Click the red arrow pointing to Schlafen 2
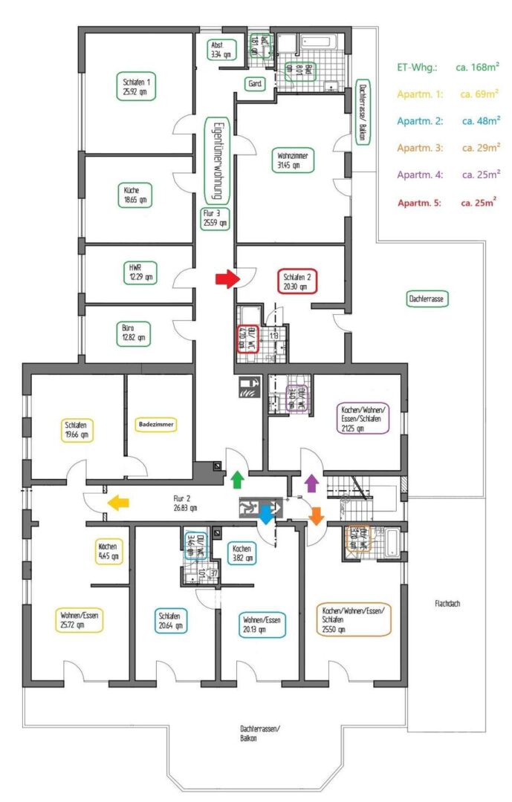(226, 278)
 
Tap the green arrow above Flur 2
(238, 479)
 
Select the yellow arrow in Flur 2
(117, 503)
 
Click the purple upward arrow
(311, 483)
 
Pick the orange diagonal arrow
(317, 515)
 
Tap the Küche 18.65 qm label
(135, 195)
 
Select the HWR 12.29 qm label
(135, 272)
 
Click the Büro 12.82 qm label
(135, 330)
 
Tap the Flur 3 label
(214, 218)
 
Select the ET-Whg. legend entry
(446, 68)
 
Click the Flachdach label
(448, 604)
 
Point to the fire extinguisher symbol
(248, 386)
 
